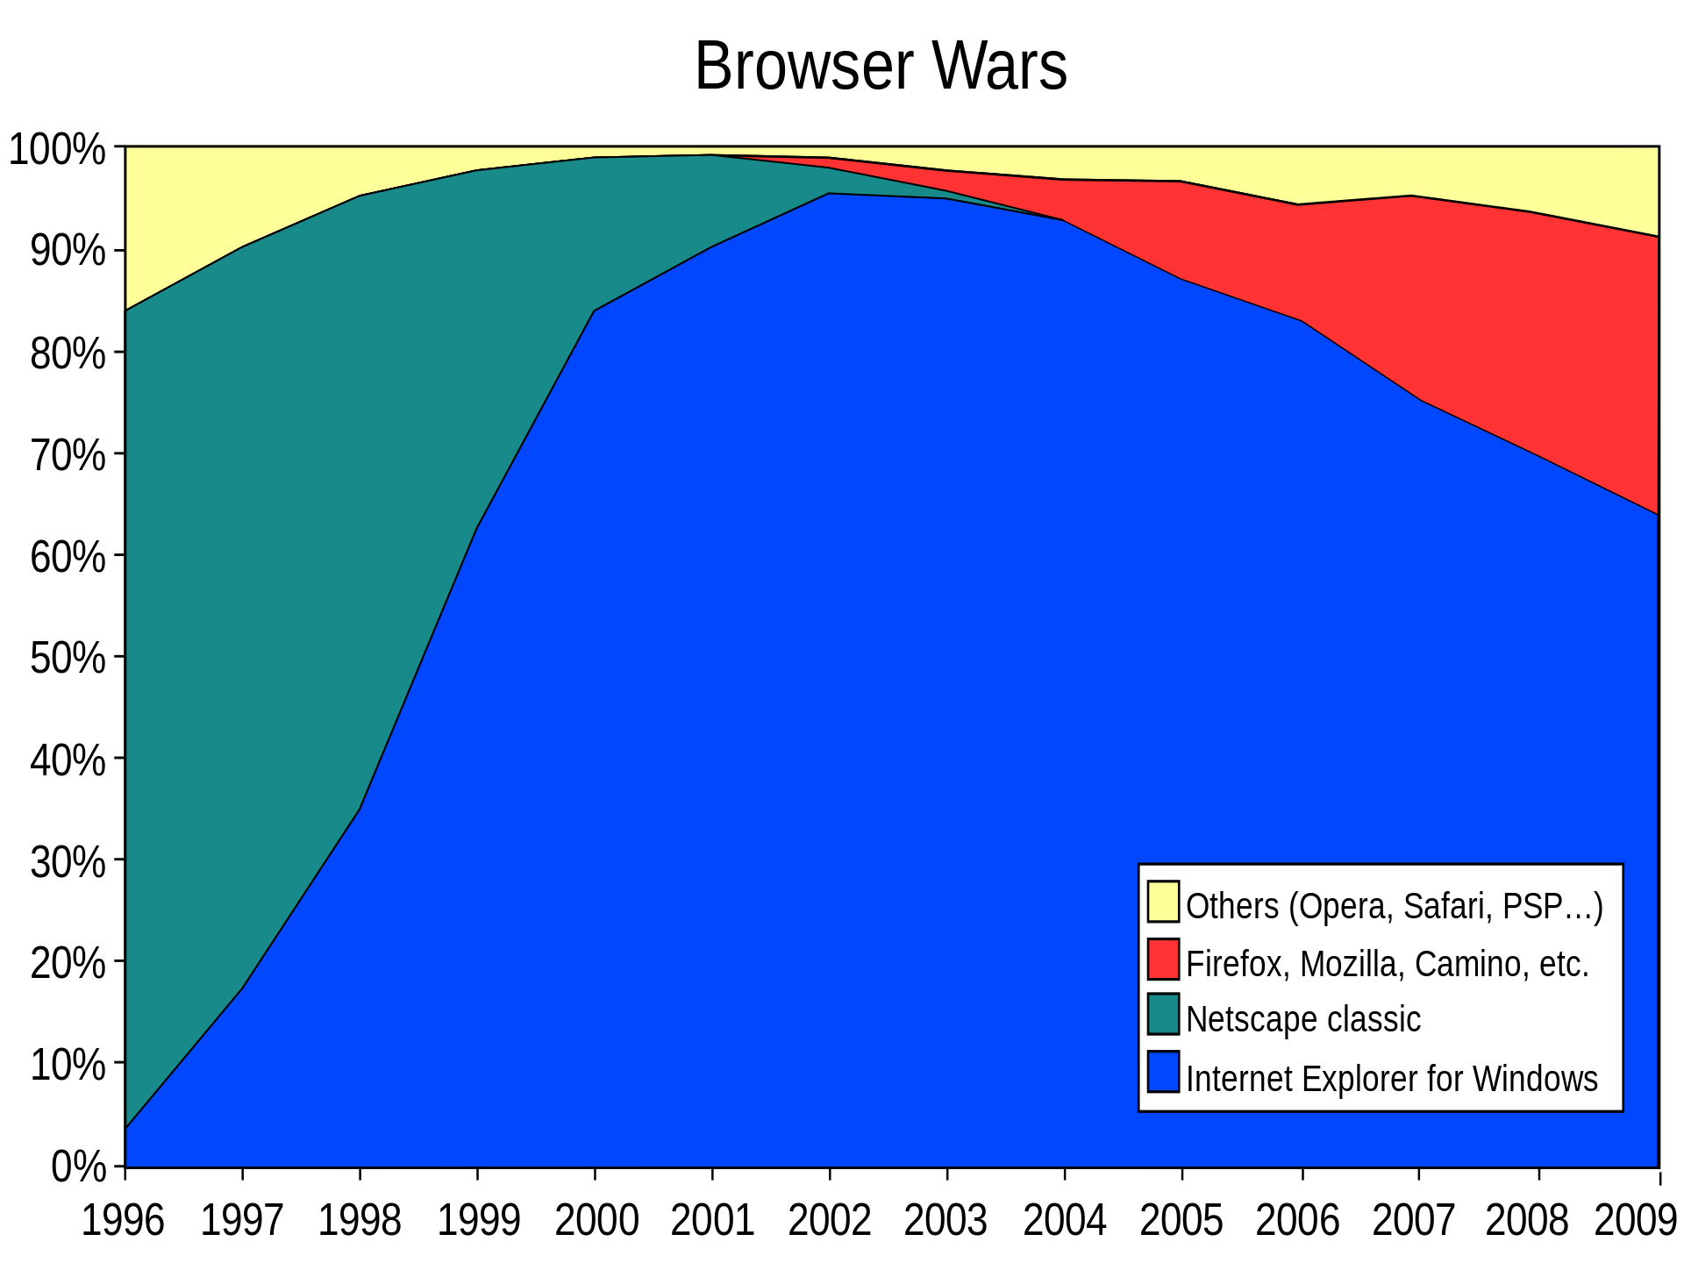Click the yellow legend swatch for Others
pos(1163,902)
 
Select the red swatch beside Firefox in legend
pos(1163,960)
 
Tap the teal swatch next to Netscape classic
pos(1163,1014)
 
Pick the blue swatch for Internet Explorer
pos(1163,1072)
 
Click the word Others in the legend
pos(1232,906)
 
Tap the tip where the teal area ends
pos(1060,219)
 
